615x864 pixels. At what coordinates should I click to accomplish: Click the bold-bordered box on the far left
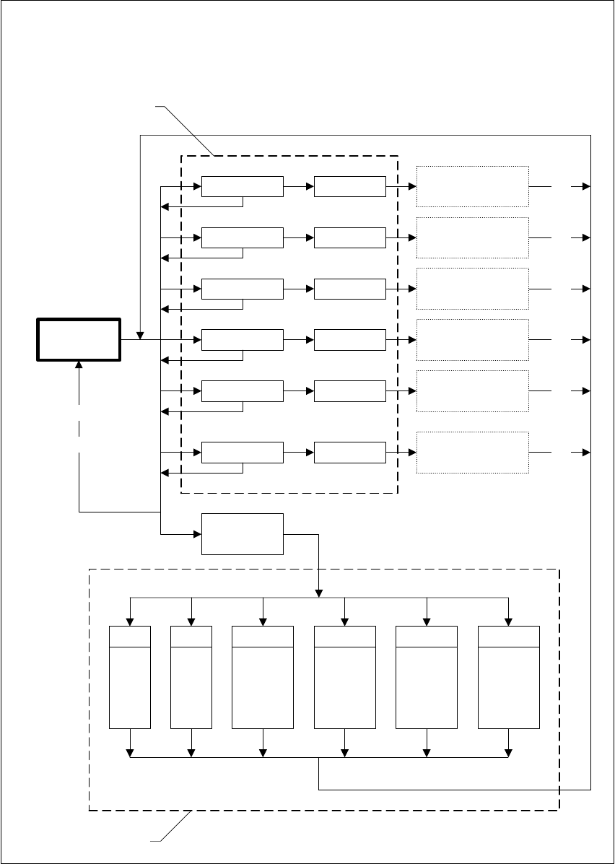point(79,339)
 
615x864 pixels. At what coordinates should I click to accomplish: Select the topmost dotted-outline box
point(472,186)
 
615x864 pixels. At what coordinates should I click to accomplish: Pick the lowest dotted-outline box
point(472,453)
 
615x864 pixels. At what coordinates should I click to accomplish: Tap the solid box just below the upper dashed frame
point(243,534)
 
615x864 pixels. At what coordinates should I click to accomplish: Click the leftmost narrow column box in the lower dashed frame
point(130,677)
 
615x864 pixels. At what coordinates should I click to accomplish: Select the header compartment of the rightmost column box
point(509,637)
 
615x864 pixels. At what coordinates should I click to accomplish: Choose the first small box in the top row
point(243,186)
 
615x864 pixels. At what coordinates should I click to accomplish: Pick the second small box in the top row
point(349,186)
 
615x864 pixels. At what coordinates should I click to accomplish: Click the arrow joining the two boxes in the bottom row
point(299,453)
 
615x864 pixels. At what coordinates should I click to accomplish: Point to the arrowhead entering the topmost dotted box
point(413,186)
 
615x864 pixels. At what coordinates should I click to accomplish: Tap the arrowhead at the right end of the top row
point(586,186)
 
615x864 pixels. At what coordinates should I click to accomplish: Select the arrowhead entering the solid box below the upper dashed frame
point(197,534)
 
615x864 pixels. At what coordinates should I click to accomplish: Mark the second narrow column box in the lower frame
point(191,677)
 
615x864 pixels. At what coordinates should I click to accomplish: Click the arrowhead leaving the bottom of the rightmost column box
point(509,754)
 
